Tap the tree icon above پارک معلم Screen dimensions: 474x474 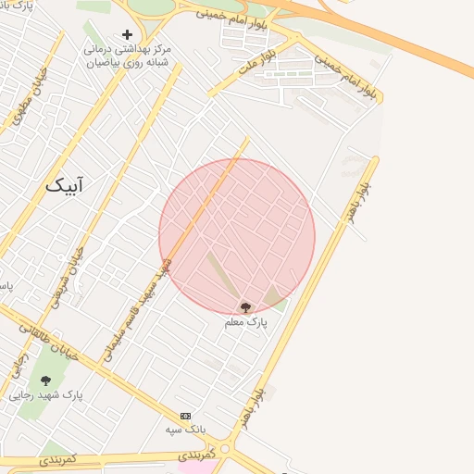245,307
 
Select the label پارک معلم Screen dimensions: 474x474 245,322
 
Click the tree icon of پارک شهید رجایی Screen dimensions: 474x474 45,380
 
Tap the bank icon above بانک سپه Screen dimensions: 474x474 186,416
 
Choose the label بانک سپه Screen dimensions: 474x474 185,430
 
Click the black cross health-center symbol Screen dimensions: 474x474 127,34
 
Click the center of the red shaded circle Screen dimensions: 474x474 237,237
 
